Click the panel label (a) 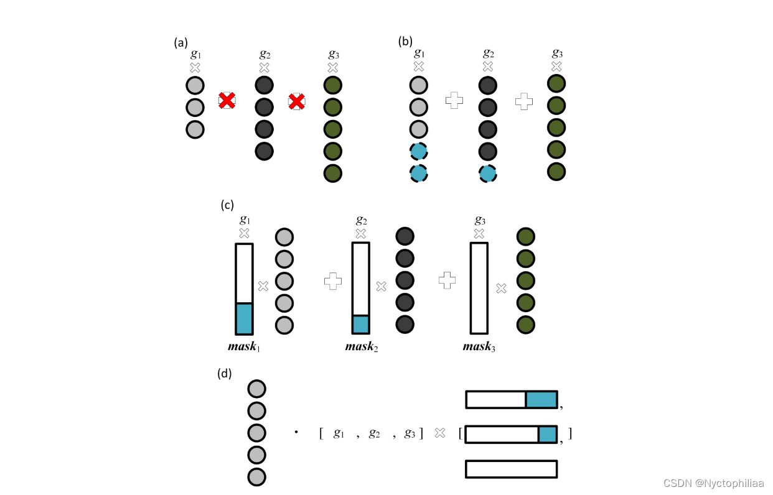tap(180, 43)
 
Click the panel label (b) tap(405, 42)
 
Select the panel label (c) tap(227, 205)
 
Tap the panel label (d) tap(225, 374)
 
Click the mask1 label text tap(243, 346)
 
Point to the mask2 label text tap(361, 346)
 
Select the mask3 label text tap(479, 346)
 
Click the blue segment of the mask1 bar tap(244, 318)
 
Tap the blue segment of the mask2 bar tap(361, 324)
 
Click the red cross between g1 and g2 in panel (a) tap(227, 100)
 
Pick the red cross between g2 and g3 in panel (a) tap(296, 101)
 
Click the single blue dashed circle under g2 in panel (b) tap(487, 173)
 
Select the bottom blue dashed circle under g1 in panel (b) tap(418, 173)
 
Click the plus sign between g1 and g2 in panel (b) tap(455, 101)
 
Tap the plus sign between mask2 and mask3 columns tap(447, 280)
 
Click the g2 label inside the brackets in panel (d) tap(374, 433)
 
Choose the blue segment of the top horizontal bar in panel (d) tap(541, 399)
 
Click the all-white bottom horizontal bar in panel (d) tap(511, 469)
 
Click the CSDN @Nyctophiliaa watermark tap(713, 483)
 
